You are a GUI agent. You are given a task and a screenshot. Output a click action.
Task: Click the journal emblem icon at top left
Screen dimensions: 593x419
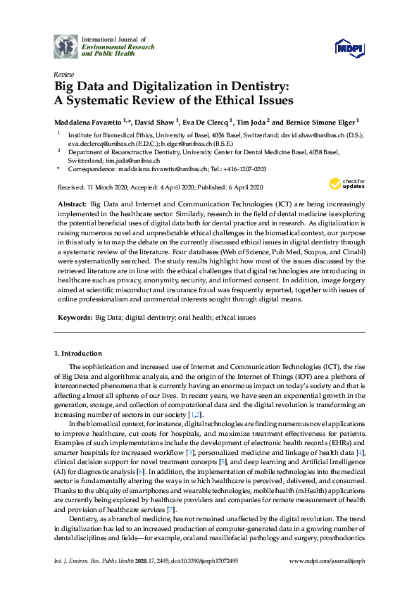coord(67,46)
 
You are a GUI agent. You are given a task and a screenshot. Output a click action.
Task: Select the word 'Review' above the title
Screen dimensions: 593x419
coord(63,74)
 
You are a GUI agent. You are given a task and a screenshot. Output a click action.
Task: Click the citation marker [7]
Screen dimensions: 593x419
coord(170,509)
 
